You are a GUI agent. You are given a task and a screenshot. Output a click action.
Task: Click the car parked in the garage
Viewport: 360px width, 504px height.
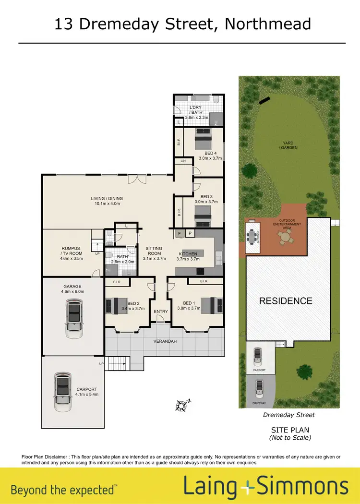[x=73, y=317]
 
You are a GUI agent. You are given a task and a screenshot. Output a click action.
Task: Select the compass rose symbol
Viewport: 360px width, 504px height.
[x=182, y=406]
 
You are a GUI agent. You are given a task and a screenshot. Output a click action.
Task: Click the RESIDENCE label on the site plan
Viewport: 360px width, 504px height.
[x=286, y=301]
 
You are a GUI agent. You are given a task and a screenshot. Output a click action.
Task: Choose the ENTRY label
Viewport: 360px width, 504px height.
[x=161, y=312]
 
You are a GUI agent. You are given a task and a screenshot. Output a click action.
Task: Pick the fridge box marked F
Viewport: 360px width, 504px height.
[x=180, y=234]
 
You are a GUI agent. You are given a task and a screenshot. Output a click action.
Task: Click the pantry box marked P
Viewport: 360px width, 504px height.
[x=190, y=234]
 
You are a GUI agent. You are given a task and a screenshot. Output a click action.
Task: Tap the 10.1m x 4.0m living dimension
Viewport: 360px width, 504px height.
[x=107, y=204]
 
